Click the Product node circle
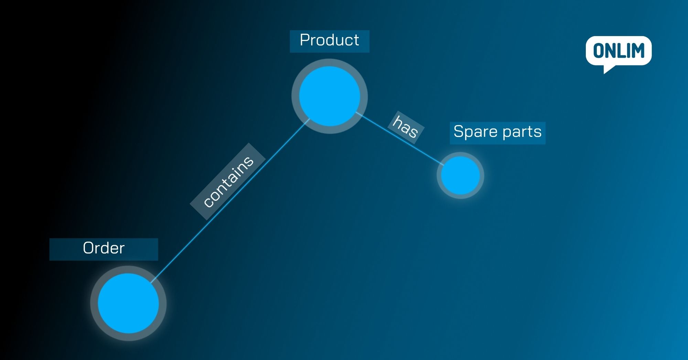coord(330,96)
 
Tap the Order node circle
coord(128,303)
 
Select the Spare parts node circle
coord(460,175)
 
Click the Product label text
coord(329,40)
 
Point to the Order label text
coord(104,248)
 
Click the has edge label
coord(406,127)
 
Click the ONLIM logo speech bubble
coord(619,51)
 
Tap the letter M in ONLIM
coord(637,51)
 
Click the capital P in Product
coord(304,40)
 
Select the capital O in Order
coord(88,248)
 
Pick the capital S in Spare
coord(459,131)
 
